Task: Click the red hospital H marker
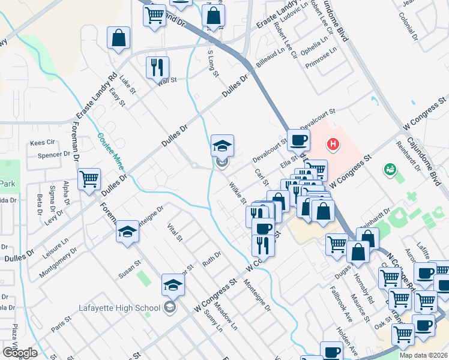coord(332,144)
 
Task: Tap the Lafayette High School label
coord(119,308)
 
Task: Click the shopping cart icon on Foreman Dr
coord(89,179)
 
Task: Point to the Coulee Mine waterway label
coord(112,150)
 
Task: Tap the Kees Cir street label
coord(43,143)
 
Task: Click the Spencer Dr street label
coord(54,155)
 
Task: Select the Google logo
coord(20,353)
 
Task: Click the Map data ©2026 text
coord(423,355)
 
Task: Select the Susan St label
coord(129,269)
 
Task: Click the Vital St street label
coord(175,232)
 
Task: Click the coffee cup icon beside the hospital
coord(298,141)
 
